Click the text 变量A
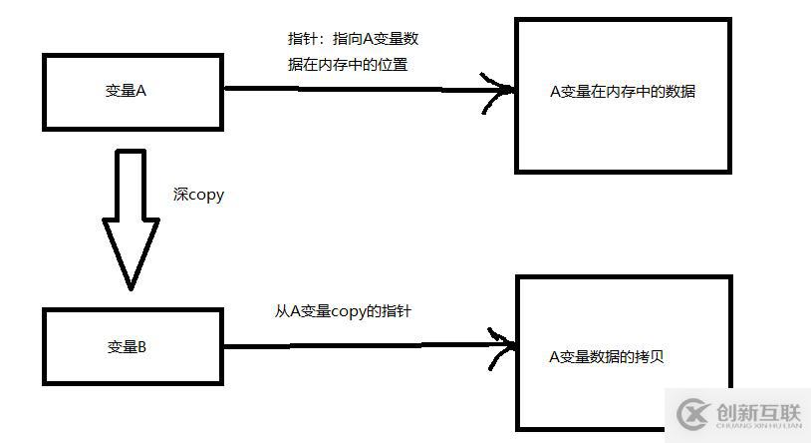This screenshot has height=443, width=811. (x=127, y=90)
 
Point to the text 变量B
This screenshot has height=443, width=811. (x=127, y=347)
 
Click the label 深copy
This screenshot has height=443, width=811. (x=198, y=195)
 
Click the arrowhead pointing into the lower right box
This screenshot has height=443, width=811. (x=504, y=345)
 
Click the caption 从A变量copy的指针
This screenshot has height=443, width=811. (x=343, y=311)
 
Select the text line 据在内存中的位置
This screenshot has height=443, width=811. (x=347, y=65)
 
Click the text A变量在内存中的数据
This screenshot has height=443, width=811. (x=622, y=92)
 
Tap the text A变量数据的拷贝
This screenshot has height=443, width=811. (x=606, y=356)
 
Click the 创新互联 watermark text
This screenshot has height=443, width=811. (x=757, y=409)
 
